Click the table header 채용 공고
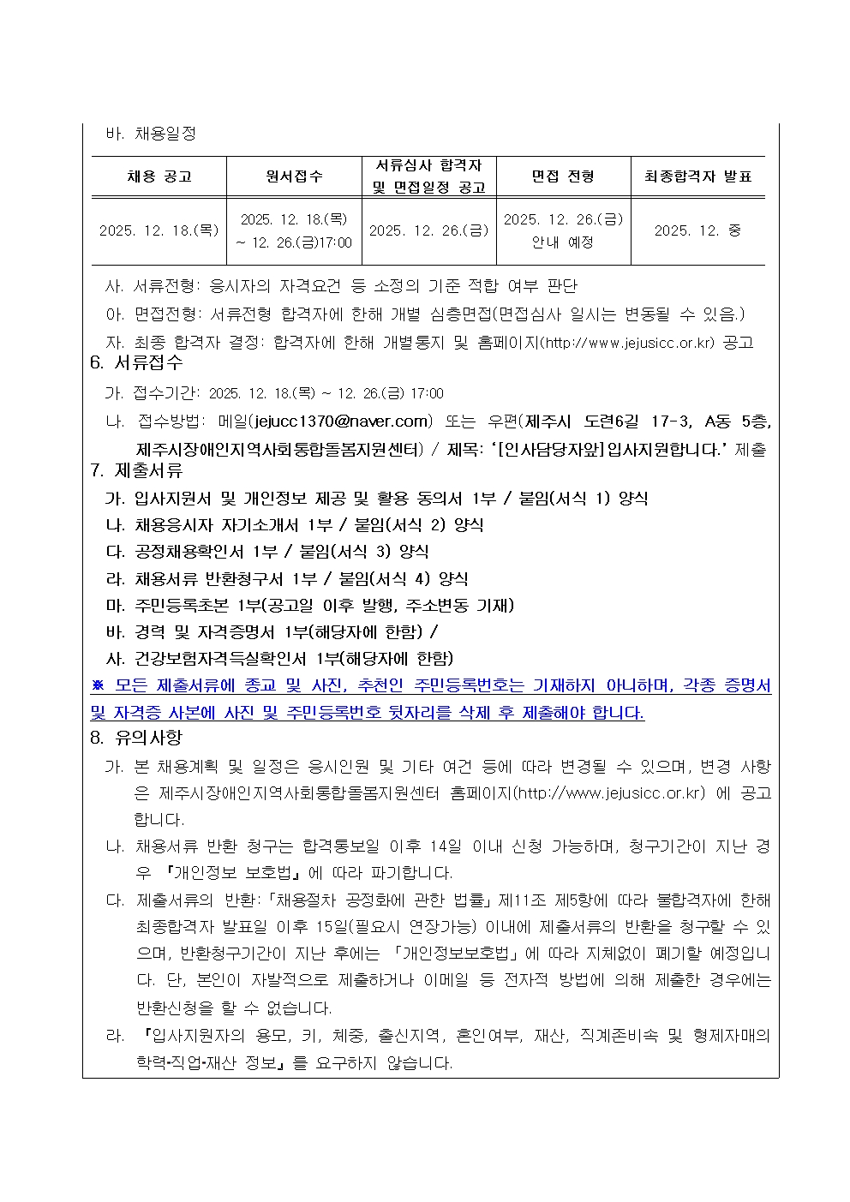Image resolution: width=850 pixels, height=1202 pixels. click(x=159, y=176)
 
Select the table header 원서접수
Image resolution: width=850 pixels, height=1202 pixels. click(x=294, y=176)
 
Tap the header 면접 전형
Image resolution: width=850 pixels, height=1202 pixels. click(x=563, y=176)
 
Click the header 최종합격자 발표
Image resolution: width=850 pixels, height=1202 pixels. click(x=697, y=176)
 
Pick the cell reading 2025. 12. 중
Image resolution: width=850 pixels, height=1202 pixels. click(x=697, y=230)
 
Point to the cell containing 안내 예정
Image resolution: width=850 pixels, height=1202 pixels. click(x=563, y=242)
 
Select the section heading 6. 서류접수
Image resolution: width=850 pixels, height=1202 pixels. click(x=137, y=362)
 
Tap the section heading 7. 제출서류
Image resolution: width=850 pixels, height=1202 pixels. click(x=137, y=470)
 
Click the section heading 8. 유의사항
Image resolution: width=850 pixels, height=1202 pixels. click(x=137, y=738)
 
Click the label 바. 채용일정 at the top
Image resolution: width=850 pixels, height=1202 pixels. click(x=151, y=134)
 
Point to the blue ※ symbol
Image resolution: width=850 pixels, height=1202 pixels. click(x=98, y=685)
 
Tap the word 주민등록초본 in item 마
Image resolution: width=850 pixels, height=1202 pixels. click(x=182, y=606)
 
